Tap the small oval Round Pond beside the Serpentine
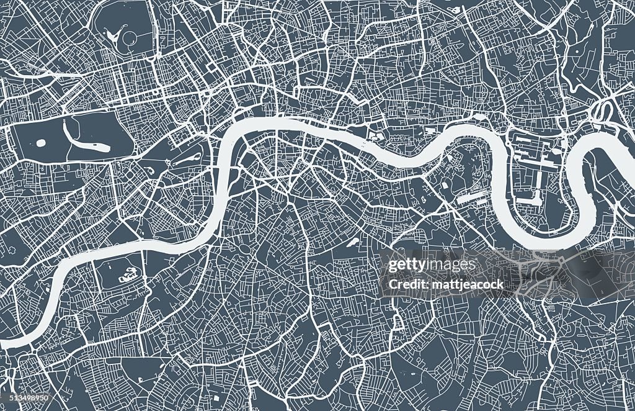[x=41, y=143]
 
